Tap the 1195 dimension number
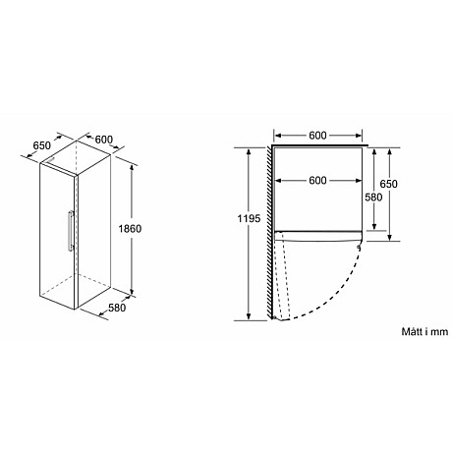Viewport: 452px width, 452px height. [x=249, y=218]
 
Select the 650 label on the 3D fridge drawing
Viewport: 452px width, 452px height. [x=41, y=146]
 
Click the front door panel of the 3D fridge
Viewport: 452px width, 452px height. [x=57, y=236]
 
